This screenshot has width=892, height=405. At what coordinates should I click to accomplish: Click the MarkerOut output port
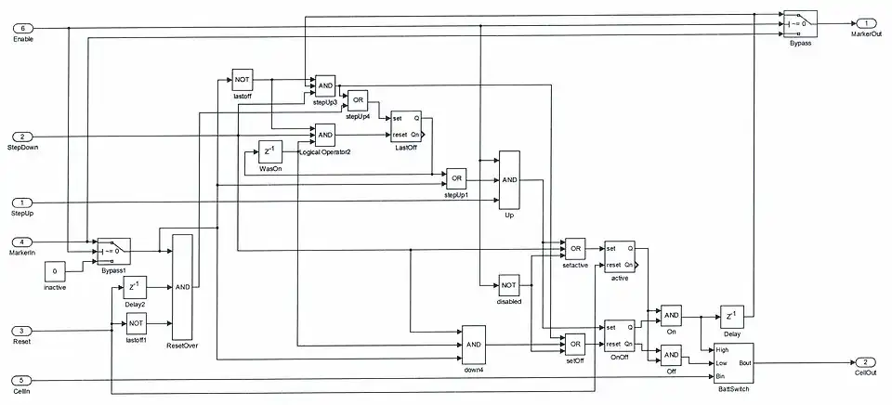(865, 23)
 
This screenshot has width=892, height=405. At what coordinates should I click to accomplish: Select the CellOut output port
(865, 361)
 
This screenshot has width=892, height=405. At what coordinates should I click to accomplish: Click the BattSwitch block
(733, 363)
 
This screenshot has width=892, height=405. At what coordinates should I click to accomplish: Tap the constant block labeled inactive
(56, 273)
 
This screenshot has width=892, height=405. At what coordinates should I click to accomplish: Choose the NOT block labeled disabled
(509, 285)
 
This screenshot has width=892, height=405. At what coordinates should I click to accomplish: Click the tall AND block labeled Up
(509, 179)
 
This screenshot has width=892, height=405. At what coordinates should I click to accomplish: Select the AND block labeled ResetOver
(183, 288)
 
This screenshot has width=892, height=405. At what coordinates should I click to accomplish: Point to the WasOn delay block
(269, 151)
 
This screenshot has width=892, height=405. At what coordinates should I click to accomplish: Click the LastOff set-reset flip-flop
(406, 126)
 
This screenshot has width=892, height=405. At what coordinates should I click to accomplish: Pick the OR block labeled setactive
(575, 248)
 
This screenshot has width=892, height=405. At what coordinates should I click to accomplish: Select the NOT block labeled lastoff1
(136, 324)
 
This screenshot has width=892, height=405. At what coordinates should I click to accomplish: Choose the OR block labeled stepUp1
(455, 178)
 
